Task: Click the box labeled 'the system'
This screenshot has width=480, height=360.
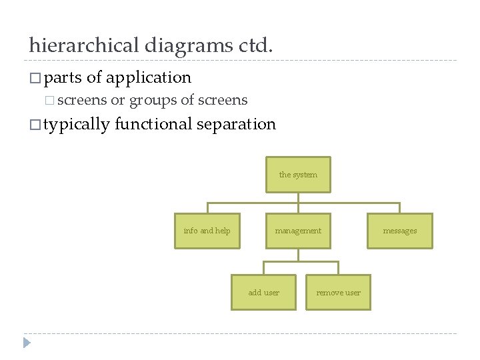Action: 298,175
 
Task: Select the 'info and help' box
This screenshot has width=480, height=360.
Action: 207,231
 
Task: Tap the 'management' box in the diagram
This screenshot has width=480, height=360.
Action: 298,231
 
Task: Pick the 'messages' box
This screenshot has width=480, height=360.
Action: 399,231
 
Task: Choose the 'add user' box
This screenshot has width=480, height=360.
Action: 263,293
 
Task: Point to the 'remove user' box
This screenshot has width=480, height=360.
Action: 338,293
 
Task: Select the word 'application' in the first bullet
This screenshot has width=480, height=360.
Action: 149,77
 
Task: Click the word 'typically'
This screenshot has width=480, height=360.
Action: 77,124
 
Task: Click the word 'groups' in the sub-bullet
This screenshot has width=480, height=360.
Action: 153,101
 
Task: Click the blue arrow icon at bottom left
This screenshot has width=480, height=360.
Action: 27,343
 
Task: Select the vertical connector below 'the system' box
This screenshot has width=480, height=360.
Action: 298,197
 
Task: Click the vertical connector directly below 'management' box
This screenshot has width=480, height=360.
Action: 298,255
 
